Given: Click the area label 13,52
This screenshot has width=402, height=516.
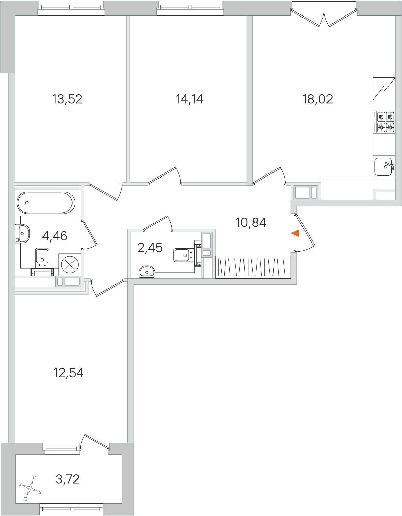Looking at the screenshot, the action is [67, 99].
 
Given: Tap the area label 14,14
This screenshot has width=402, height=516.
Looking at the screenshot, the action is [190, 99].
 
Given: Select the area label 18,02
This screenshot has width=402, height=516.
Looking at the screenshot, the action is [317, 99].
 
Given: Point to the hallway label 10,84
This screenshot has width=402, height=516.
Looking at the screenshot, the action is [251, 223].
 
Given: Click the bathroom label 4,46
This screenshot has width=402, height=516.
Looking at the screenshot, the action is [55, 236].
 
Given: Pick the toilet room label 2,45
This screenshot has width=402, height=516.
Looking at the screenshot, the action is [150, 248].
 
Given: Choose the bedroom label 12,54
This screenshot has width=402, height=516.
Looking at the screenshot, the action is [68, 373].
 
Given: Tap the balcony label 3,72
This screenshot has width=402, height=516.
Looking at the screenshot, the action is [67, 479].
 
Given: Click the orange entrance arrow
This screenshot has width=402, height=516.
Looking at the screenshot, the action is [295, 233].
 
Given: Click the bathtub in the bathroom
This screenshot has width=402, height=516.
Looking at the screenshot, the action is [46, 203].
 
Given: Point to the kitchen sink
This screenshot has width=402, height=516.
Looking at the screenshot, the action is [384, 167].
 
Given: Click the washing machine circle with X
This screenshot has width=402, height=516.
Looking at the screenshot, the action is [70, 264].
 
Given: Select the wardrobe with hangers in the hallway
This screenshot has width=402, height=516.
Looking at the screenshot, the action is [253, 267].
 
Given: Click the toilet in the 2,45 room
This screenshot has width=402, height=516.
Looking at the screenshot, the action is [186, 255].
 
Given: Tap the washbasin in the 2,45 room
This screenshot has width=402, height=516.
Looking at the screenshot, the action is [147, 272].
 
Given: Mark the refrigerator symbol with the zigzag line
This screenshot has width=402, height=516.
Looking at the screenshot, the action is [384, 89].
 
